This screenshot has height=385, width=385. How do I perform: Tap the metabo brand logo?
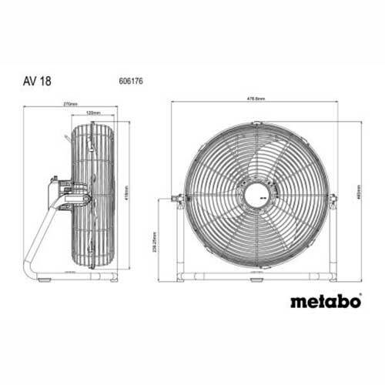(326, 301)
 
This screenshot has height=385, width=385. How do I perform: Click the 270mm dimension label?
(71, 103)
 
